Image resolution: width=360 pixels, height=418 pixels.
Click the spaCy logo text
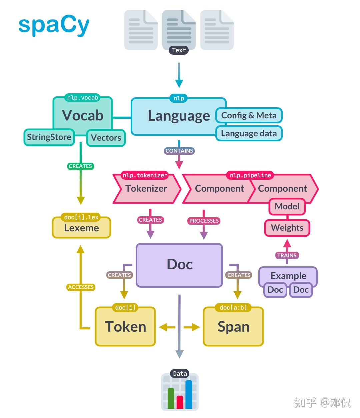(54, 26)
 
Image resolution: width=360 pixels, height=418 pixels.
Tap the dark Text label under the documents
(179, 50)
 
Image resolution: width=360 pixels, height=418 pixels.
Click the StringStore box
(49, 137)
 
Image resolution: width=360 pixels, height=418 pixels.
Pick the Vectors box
(106, 138)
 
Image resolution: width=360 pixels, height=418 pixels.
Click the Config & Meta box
(249, 116)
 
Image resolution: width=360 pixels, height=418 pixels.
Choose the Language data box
(249, 134)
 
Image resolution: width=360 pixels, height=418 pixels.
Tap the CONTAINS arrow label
(179, 151)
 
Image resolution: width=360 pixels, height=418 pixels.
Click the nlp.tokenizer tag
(145, 175)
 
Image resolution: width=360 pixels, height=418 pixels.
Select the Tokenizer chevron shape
(146, 189)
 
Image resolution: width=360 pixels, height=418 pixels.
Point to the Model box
(287, 207)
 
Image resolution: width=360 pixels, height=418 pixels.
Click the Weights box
(287, 228)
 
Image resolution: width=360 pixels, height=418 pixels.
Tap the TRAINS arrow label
(287, 255)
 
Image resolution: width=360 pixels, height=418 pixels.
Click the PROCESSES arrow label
(204, 221)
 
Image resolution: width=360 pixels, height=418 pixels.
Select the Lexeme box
(81, 228)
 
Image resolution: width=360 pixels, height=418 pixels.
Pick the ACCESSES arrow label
(81, 287)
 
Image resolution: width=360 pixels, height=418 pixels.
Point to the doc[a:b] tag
(233, 308)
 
